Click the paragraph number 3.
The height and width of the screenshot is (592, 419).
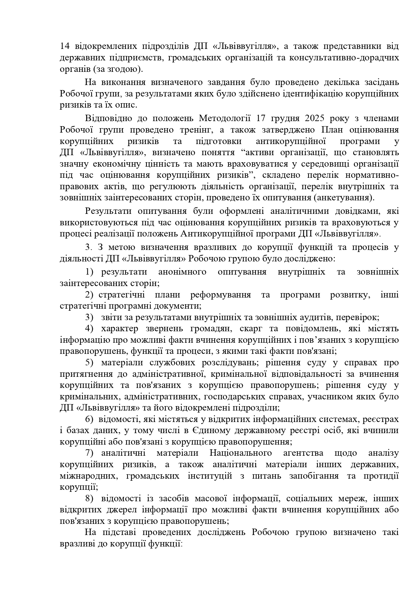88,247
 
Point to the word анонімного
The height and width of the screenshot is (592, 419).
182,272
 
